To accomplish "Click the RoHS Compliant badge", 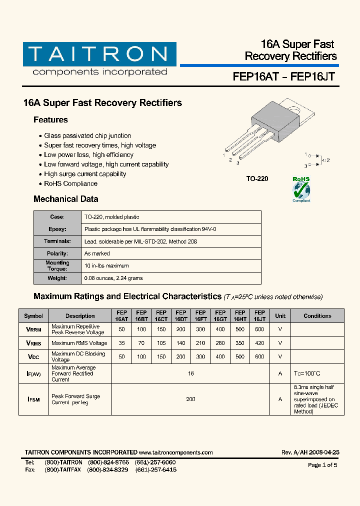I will click(x=301, y=189).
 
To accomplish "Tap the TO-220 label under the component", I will click(x=257, y=178).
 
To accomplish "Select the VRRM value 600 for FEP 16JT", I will click(x=259, y=329).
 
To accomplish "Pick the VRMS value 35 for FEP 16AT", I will click(x=121, y=343).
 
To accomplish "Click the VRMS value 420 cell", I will click(x=259, y=343).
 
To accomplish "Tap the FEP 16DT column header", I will click(x=180, y=315).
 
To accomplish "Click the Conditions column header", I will click(x=317, y=316).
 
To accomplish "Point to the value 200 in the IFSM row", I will click(x=190, y=399).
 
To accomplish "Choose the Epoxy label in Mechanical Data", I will click(x=57, y=229).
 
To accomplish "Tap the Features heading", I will click(x=50, y=120).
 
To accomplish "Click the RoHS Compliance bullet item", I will click(x=70, y=183).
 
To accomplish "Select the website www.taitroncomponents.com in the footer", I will click(x=175, y=452).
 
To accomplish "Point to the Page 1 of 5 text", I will click(x=322, y=465).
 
